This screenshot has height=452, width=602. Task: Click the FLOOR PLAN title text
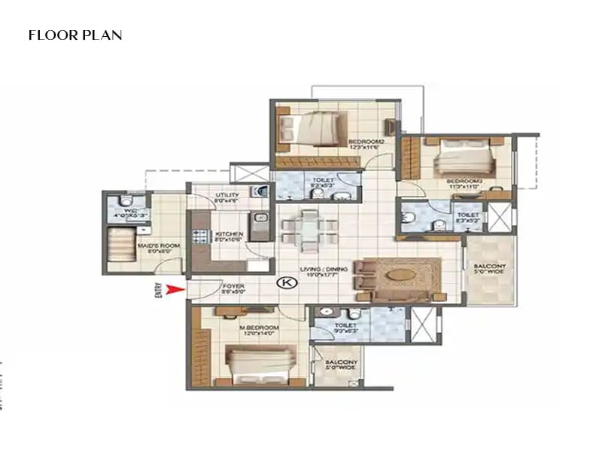click(x=75, y=35)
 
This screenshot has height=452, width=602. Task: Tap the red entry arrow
click(x=174, y=289)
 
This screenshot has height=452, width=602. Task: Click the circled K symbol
click(x=285, y=282)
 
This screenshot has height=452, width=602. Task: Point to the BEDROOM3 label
click(x=464, y=182)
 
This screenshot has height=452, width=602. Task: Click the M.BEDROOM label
click(x=259, y=328)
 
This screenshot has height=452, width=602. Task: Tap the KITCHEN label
click(x=229, y=235)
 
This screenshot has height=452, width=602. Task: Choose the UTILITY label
click(x=226, y=197)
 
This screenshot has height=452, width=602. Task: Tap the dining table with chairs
click(x=309, y=228)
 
